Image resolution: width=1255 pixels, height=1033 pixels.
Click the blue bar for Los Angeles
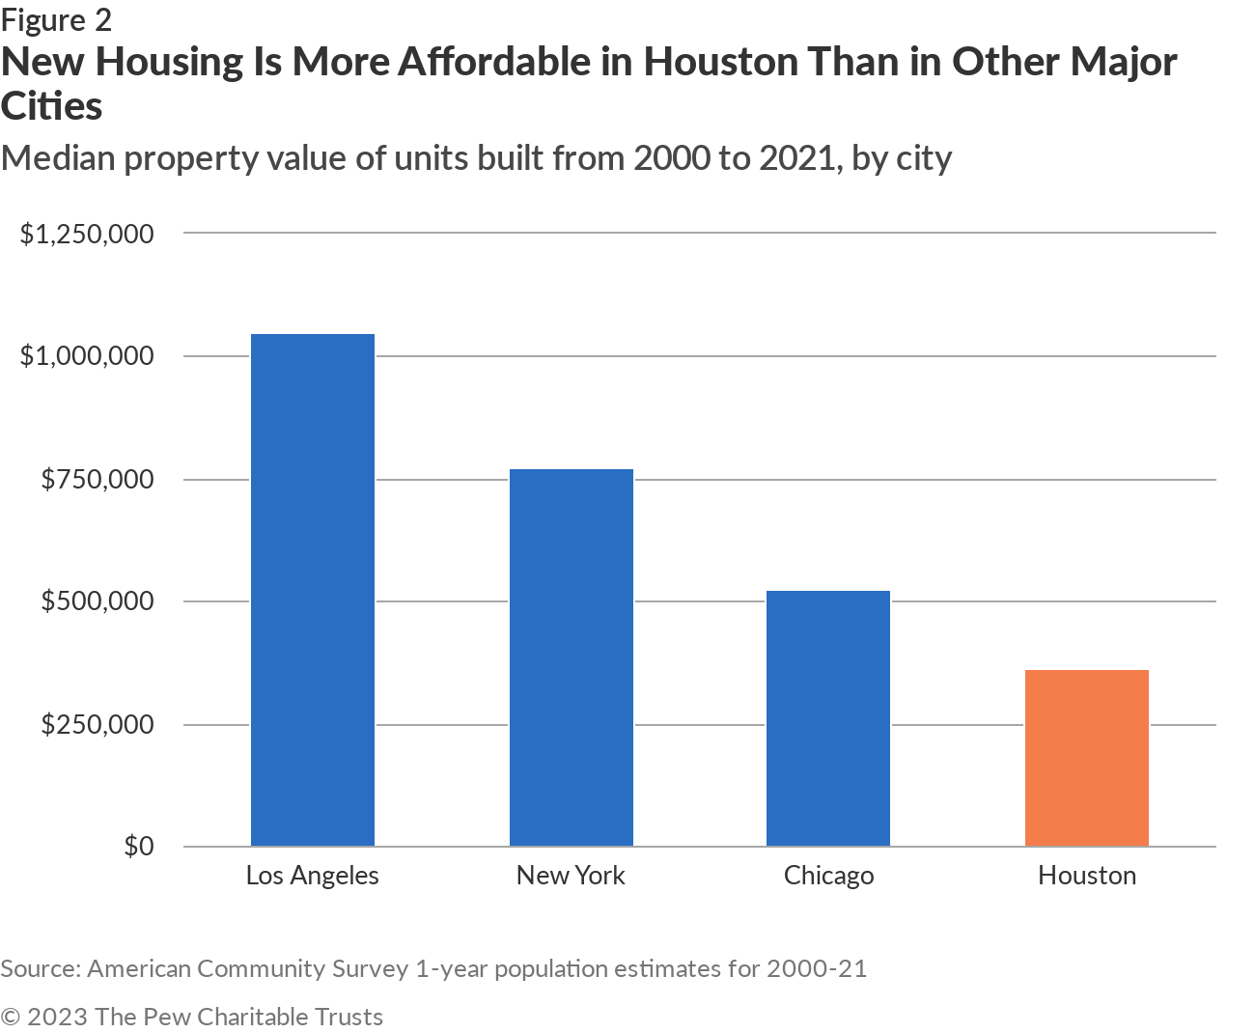click(x=313, y=590)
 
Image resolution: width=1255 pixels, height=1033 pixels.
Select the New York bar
click(x=572, y=657)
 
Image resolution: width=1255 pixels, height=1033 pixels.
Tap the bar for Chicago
click(x=828, y=718)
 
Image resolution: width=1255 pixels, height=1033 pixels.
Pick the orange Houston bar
click(x=1087, y=758)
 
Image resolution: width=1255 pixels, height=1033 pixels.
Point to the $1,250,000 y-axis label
click(x=87, y=234)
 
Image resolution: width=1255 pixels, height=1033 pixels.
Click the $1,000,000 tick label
click(x=87, y=356)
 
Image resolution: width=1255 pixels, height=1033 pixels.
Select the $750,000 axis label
click(x=97, y=479)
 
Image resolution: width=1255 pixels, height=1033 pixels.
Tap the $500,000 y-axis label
click(x=97, y=601)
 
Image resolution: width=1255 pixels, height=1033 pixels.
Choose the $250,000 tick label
click(x=97, y=724)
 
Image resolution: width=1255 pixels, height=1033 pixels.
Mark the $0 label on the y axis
click(x=138, y=846)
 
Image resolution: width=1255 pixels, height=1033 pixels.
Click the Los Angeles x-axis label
click(x=313, y=876)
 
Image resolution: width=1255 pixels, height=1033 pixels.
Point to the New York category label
click(x=571, y=876)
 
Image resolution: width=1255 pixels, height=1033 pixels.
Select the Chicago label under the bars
click(x=828, y=876)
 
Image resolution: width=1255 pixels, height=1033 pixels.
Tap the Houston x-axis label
click(x=1087, y=876)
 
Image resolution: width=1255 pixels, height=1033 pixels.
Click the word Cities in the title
click(x=51, y=106)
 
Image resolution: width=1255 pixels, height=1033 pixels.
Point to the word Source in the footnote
click(x=39, y=968)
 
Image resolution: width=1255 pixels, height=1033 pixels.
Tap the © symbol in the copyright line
click(x=12, y=1017)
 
